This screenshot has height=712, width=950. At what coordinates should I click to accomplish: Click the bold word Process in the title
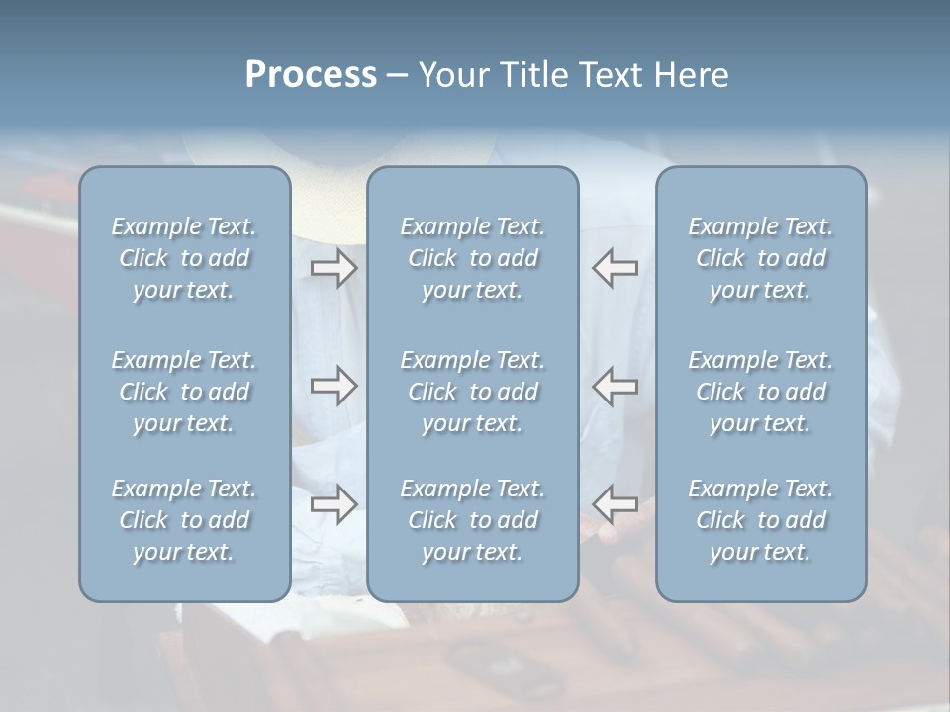(311, 75)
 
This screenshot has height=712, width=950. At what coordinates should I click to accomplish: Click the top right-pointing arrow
(333, 268)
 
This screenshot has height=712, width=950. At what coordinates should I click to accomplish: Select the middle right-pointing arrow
(333, 387)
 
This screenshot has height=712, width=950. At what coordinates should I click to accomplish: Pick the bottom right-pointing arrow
(333, 504)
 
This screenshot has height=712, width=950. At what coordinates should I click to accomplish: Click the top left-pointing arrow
(616, 268)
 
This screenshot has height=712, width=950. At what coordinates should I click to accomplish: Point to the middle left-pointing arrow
(616, 387)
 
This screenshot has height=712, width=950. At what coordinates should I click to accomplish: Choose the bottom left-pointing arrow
(616, 504)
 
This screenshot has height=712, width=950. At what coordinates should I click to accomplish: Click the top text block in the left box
(184, 258)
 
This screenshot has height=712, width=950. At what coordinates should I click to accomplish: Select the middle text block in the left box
(184, 392)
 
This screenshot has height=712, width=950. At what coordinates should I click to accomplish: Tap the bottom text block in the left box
(184, 520)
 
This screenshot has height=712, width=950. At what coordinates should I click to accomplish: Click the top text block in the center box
(472, 258)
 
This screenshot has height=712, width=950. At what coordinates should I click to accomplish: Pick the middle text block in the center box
(472, 392)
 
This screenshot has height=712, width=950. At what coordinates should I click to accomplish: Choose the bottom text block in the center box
(472, 520)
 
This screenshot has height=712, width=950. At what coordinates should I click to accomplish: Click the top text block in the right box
(760, 258)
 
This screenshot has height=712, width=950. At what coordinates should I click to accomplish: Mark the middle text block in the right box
(760, 392)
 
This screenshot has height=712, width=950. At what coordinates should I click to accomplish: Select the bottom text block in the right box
(760, 520)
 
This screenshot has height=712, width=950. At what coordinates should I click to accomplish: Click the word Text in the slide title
(610, 75)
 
